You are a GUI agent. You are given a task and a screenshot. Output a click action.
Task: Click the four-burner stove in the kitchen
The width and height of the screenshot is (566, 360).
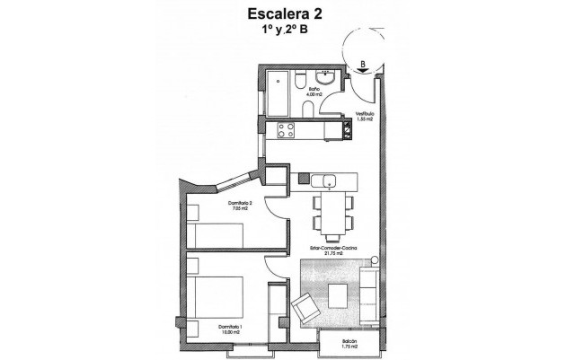point(287,131)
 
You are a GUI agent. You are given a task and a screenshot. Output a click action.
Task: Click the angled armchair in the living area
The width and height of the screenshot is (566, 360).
point(306,311)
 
